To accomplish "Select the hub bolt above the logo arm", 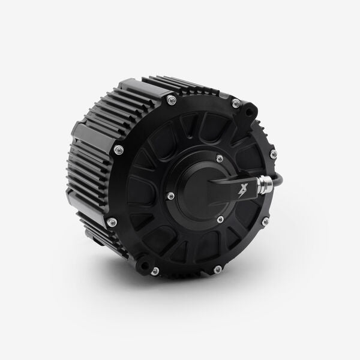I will [220, 158].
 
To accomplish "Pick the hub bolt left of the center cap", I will [171, 196].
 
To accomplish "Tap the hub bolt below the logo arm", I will [220, 220].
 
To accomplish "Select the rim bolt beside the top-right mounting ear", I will [236, 104].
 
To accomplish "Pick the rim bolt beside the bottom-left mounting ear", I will [155, 271].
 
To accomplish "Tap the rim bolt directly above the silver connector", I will [274, 154].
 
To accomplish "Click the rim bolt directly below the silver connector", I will [265, 222].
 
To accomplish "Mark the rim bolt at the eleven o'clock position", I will [172, 100].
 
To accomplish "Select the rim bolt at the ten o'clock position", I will [119, 149].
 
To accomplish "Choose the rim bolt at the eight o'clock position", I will [112, 222].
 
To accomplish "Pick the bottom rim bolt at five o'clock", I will [217, 269].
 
